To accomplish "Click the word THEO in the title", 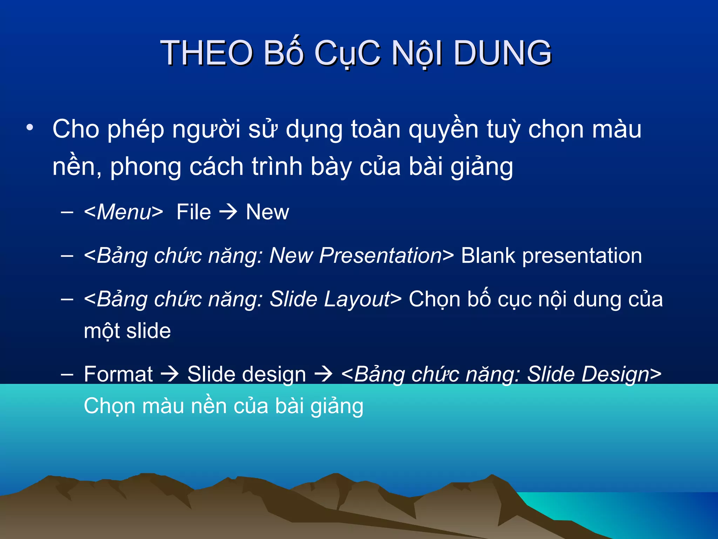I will pyautogui.click(x=206, y=53).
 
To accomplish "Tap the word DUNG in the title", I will pyautogui.click(x=502, y=53).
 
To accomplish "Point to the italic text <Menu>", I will pyautogui.click(x=123, y=212).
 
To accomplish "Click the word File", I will pyautogui.click(x=194, y=212).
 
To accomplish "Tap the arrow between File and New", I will pyautogui.click(x=228, y=212).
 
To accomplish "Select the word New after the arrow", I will pyautogui.click(x=267, y=212).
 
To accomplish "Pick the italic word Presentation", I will pyautogui.click(x=380, y=255).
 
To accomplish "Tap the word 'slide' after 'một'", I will pyautogui.click(x=149, y=331).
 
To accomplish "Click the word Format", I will pyautogui.click(x=118, y=374).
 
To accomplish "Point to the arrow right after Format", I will pyautogui.click(x=170, y=374).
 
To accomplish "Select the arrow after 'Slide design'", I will pyautogui.click(x=323, y=374).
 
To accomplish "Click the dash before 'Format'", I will pyautogui.click(x=67, y=374).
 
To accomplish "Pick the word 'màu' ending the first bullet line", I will pyautogui.click(x=617, y=129).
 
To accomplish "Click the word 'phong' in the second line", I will pyautogui.click(x=146, y=167).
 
